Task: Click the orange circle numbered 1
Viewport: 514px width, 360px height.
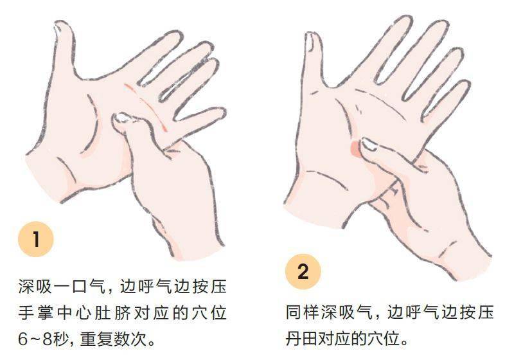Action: pos(36,239)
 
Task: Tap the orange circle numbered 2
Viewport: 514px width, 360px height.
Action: pos(303,272)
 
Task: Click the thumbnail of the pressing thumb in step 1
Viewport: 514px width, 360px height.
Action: pos(122,118)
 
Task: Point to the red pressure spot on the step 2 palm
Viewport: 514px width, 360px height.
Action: pos(355,149)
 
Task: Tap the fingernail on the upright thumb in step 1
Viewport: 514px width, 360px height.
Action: pos(58,28)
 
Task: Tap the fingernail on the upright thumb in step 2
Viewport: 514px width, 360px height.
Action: pos(310,42)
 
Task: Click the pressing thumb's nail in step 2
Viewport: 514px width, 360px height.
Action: pos(369,145)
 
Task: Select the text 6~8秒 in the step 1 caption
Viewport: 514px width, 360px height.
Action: pos(43,339)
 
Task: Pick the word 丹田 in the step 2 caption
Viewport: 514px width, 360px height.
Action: pos(301,338)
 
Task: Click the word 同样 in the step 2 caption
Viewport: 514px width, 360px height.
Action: pos(302,312)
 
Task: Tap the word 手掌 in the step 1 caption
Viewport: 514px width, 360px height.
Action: pos(35,313)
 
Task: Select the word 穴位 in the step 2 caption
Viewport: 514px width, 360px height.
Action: pos(384,338)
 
